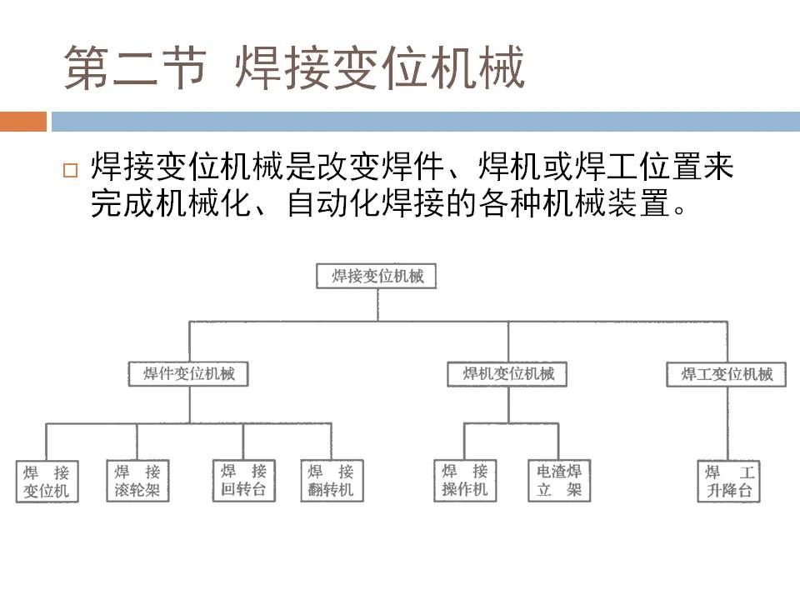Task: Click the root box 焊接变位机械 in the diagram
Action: coord(377,276)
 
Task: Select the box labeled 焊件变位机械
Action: coord(188,374)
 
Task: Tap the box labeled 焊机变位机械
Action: coord(507,374)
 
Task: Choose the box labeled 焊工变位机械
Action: coord(727,374)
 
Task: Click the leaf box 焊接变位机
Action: coord(47,482)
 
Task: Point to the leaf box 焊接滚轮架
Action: coord(137,481)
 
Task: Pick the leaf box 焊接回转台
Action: coord(244,481)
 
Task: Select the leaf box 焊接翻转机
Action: coord(332,481)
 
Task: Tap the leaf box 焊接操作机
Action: coord(465,481)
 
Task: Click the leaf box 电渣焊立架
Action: coord(559,481)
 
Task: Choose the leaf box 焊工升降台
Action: coord(729,482)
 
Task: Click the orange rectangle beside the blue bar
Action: coord(23,122)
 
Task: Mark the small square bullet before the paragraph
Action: coord(70,169)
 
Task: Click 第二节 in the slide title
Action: coord(135,67)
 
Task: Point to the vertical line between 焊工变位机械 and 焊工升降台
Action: coord(728,423)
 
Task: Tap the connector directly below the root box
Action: coord(377,305)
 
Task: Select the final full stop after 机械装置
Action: coord(680,210)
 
